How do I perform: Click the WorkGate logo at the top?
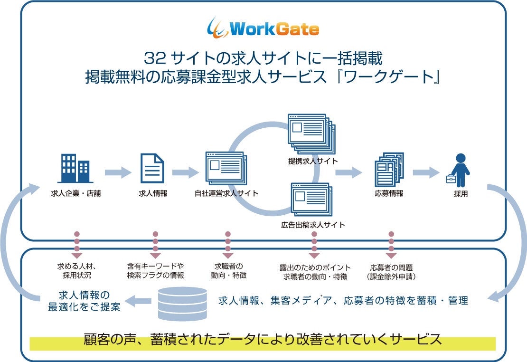[x=263, y=29]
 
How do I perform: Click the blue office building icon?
[x=76, y=168]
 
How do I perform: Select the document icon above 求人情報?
[x=152, y=168]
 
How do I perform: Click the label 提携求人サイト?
[x=313, y=161]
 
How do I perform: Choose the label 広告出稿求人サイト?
[x=313, y=224]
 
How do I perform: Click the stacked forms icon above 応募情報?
[x=389, y=169]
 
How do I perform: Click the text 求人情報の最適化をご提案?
[x=84, y=300]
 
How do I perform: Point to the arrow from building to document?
[x=117, y=172]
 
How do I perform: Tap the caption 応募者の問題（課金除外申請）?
[x=392, y=271]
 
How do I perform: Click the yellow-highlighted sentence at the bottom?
[x=263, y=340]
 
